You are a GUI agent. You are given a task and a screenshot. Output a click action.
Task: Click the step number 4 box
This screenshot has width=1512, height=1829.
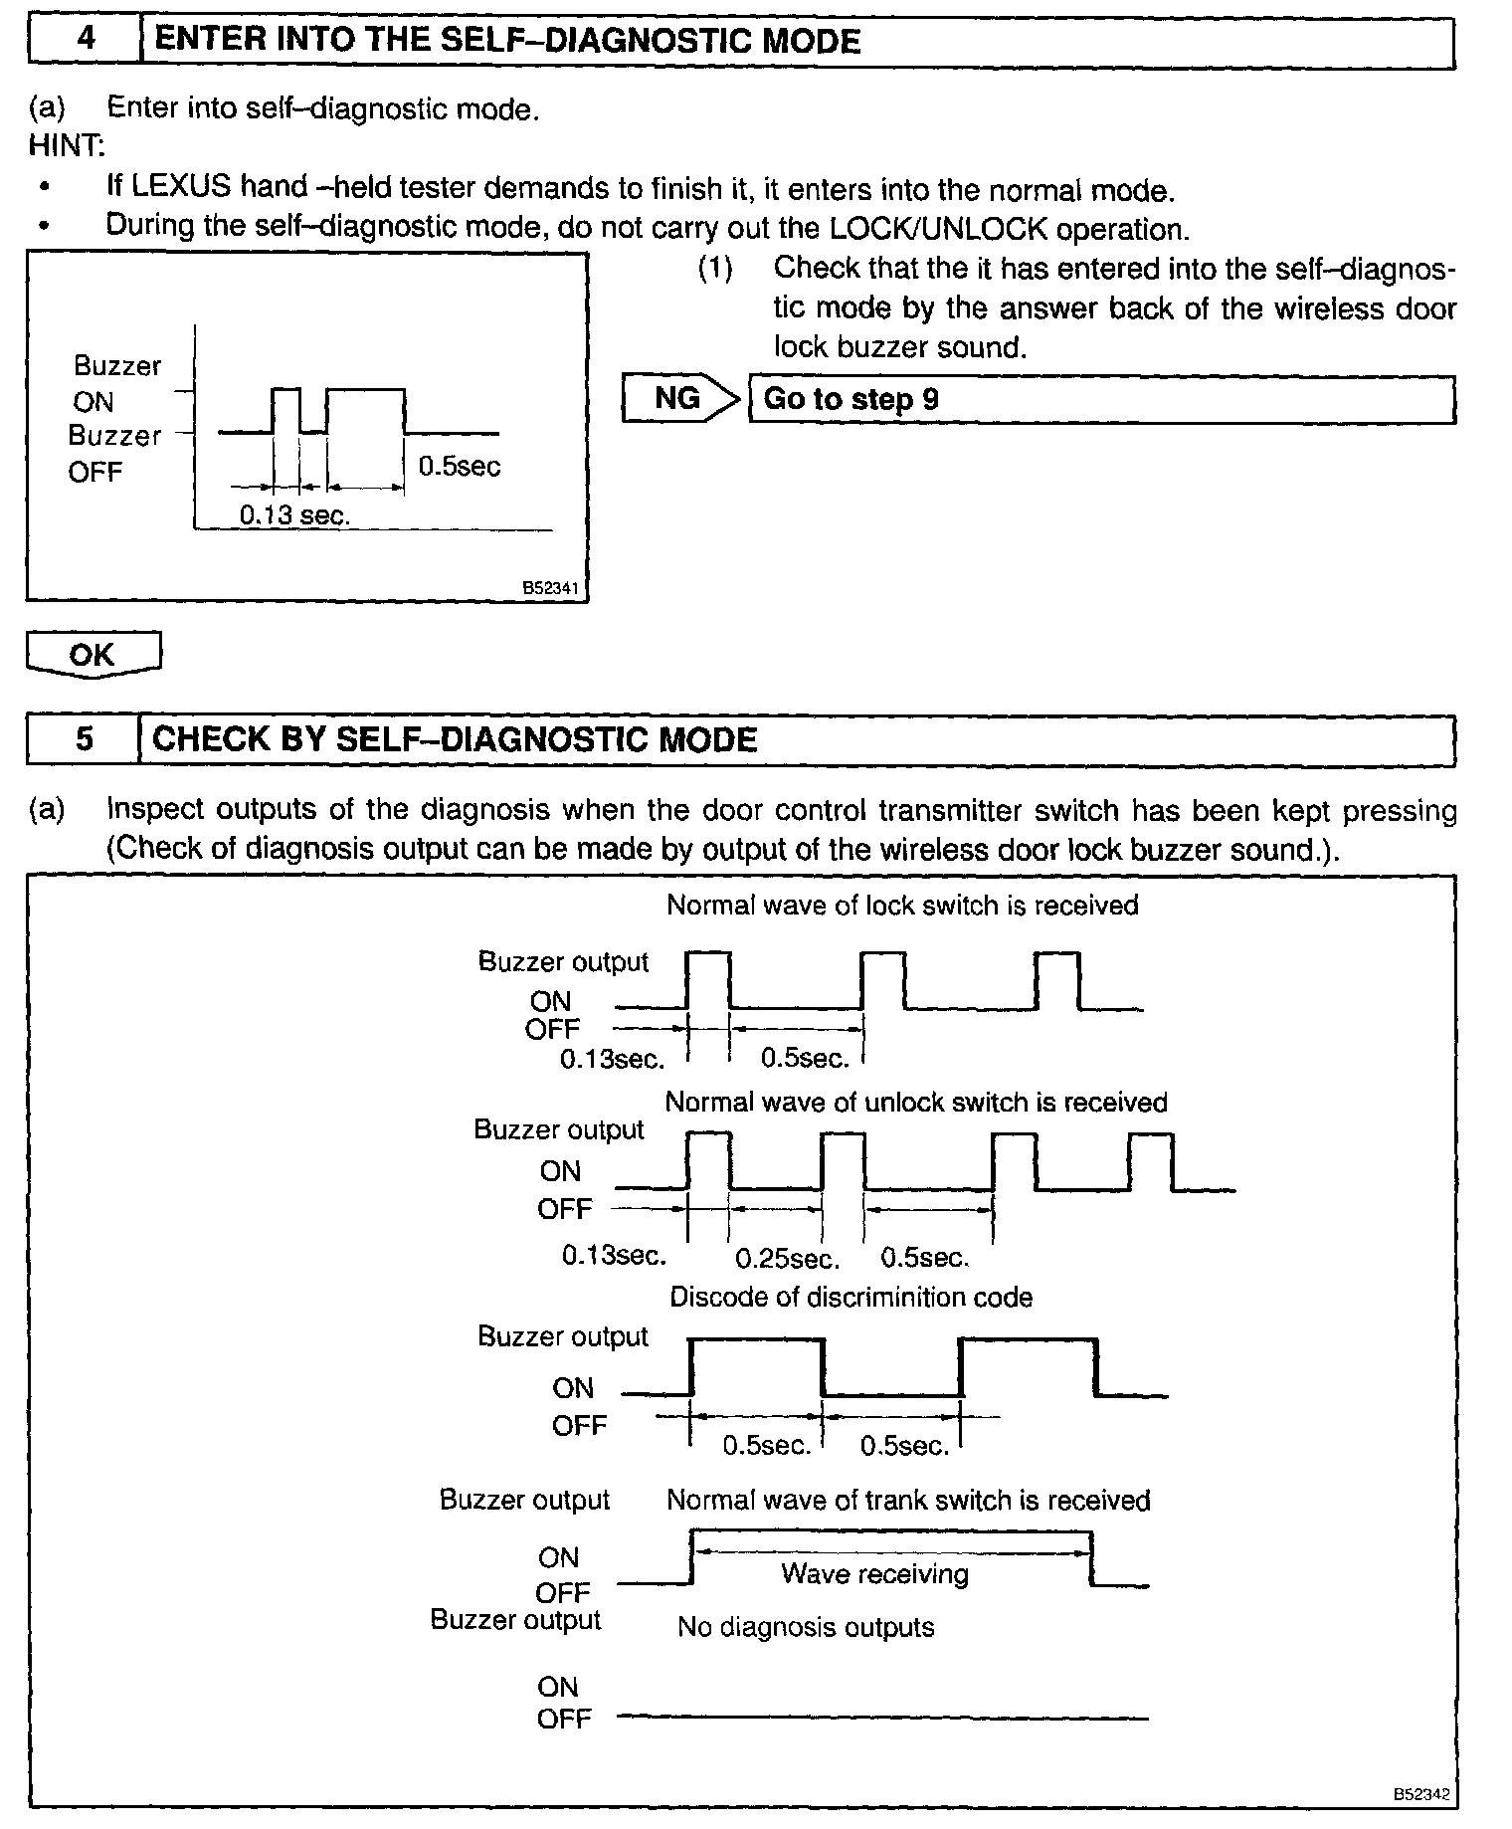(x=86, y=41)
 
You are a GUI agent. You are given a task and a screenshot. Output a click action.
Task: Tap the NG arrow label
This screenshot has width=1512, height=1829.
(x=678, y=399)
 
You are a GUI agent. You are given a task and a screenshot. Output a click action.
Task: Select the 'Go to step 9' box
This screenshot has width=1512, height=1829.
(x=1101, y=400)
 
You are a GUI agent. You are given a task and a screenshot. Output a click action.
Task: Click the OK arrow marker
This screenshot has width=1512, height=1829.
(x=93, y=655)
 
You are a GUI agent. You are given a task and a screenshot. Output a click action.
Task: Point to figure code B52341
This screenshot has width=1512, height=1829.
(x=550, y=589)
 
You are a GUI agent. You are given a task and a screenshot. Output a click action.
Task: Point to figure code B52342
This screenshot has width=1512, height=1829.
(x=1420, y=1794)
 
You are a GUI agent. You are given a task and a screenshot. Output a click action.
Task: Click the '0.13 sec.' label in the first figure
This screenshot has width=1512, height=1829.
(x=295, y=515)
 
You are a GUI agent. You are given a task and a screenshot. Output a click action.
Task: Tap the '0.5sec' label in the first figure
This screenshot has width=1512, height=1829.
(x=459, y=466)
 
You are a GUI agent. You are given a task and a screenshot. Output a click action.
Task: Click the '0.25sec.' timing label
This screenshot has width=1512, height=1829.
(x=788, y=1259)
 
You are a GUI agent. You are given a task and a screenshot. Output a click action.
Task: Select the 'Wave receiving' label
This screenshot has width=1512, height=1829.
(x=874, y=1573)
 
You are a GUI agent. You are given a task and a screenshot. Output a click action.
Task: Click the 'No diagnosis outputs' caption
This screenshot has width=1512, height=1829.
(x=806, y=1627)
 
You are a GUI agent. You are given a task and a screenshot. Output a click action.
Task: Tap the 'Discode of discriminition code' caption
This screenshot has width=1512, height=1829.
(x=850, y=1298)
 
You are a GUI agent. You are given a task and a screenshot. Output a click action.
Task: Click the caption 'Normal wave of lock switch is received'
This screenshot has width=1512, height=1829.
(x=902, y=906)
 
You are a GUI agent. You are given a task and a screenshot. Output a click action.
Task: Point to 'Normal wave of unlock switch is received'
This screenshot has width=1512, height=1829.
(x=915, y=1103)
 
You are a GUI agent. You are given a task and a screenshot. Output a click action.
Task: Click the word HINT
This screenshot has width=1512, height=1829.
(x=66, y=146)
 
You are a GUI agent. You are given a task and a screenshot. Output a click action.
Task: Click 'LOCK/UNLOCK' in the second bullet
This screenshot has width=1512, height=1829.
(x=938, y=228)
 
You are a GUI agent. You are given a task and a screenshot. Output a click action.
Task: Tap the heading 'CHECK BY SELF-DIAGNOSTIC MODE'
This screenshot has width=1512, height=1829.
(x=455, y=739)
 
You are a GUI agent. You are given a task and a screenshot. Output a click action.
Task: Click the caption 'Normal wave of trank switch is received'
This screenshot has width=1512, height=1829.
(x=908, y=1501)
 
